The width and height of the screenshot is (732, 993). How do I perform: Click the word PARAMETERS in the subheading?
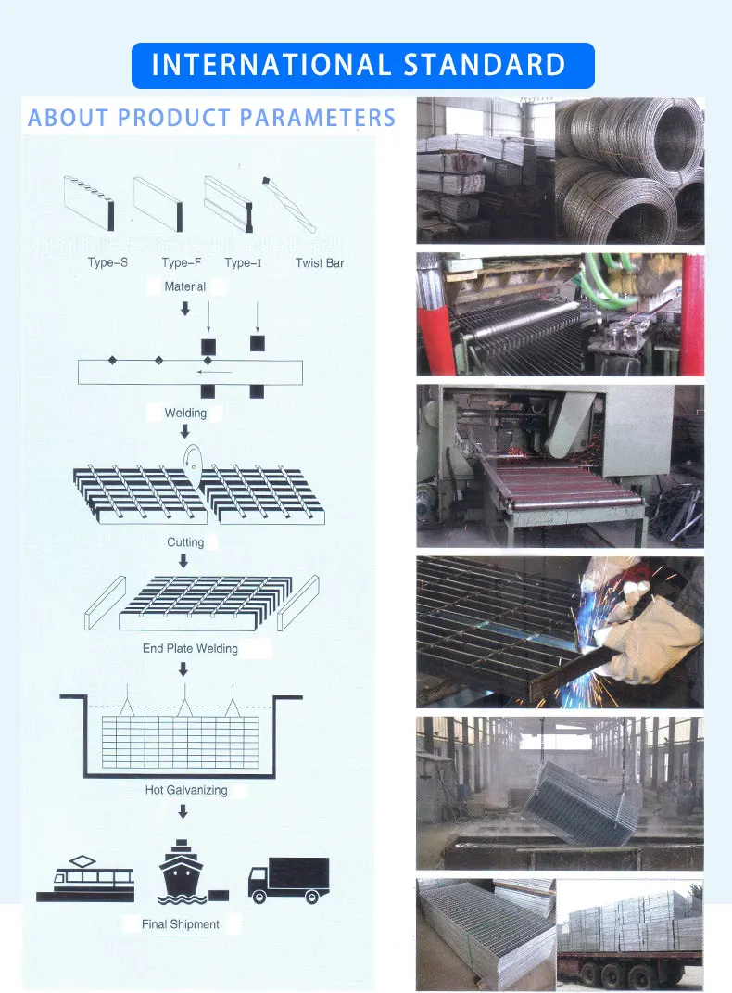tap(318, 119)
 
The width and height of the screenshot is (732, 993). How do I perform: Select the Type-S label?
tap(107, 263)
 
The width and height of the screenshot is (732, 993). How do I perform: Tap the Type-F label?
tap(181, 263)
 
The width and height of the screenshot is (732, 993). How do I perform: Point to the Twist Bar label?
tap(320, 263)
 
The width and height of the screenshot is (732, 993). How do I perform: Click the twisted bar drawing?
tap(289, 203)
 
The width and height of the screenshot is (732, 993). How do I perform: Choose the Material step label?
tap(184, 287)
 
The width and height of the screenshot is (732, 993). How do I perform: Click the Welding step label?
tap(185, 414)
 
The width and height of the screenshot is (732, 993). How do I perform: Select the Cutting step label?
tap(185, 542)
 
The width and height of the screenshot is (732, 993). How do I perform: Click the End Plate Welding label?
tap(190, 649)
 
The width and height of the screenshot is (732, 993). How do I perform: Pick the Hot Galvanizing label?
tap(185, 791)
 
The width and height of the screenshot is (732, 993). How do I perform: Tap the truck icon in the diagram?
tap(288, 879)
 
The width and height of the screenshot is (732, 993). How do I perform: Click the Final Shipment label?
tap(181, 924)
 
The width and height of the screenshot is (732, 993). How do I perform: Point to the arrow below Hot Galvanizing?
tap(183, 812)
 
